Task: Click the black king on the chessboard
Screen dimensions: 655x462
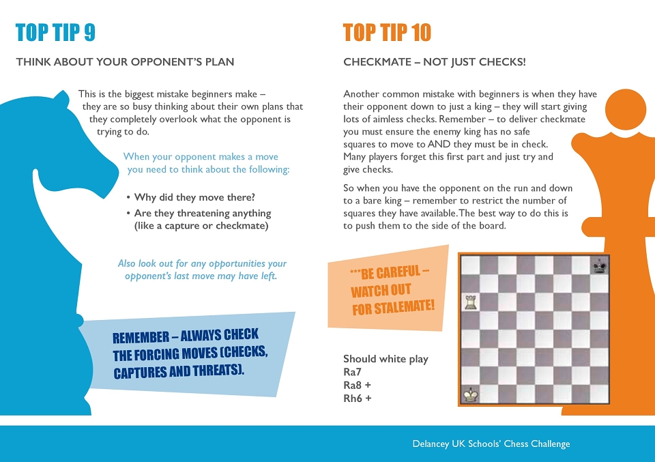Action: click(600, 265)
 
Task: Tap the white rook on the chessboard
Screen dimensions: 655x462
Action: click(471, 302)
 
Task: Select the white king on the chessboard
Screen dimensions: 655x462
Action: click(471, 394)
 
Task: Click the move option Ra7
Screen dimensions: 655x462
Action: click(352, 372)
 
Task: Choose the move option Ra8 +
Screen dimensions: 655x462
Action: click(357, 385)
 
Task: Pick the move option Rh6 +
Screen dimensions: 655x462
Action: click(357, 399)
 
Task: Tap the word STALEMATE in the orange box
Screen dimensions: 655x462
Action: click(405, 307)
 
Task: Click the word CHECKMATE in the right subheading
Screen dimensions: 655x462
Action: click(377, 62)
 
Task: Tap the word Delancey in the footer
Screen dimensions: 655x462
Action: click(431, 444)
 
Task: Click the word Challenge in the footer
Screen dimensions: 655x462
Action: click(550, 444)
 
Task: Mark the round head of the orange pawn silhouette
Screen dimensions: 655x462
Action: click(626, 109)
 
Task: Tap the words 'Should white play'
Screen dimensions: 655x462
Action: click(385, 359)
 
